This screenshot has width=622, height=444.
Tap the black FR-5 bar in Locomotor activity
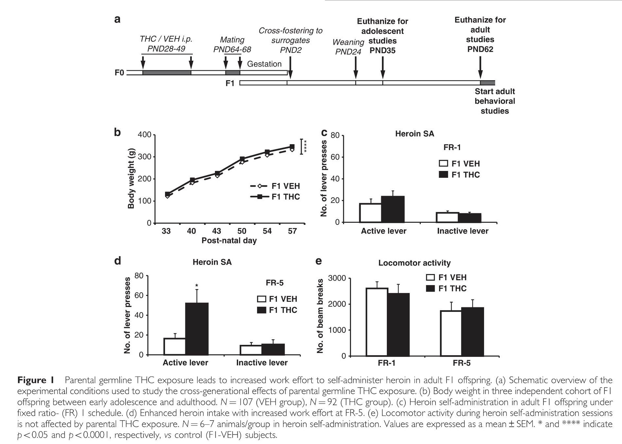coord(473,331)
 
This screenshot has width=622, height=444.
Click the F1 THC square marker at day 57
coord(292,147)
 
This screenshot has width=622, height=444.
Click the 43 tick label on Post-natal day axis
coord(217,231)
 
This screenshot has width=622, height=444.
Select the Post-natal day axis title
coord(229,241)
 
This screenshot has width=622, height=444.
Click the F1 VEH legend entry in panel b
coord(275,186)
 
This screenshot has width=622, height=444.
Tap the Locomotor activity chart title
coord(414,263)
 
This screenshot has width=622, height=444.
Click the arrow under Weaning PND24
coord(356,69)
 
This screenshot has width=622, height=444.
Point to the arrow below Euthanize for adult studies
coord(480,67)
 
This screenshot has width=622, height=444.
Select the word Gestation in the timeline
coord(264,64)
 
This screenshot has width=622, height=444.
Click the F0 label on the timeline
coord(119,72)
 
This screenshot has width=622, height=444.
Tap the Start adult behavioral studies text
coord(494,101)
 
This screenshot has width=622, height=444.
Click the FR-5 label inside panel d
coord(275,283)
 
